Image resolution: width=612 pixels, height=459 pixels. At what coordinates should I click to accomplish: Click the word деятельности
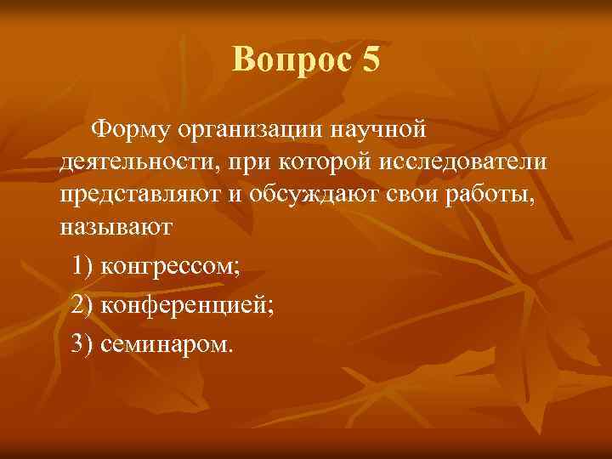[x=130, y=161]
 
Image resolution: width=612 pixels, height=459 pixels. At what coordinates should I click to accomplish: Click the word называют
[x=116, y=228]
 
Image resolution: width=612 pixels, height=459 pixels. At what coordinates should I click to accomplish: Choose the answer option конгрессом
[x=170, y=267]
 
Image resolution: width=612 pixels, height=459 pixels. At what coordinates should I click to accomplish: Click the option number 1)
[x=83, y=267]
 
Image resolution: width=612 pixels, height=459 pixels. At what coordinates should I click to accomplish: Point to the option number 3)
[x=83, y=345]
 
